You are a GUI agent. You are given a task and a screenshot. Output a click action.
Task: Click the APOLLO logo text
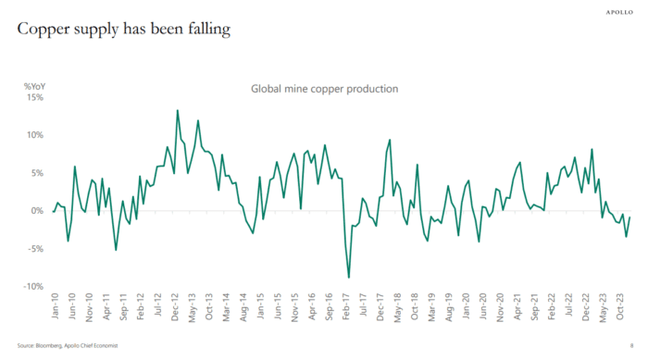[619, 12]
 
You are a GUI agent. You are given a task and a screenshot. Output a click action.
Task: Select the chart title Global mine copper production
[324, 89]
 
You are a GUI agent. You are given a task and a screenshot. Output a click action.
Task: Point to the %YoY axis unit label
[34, 86]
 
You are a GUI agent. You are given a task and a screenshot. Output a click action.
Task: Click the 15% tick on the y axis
[35, 97]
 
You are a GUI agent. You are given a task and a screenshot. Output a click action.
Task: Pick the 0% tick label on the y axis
[37, 211]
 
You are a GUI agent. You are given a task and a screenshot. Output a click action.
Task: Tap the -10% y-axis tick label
[33, 287]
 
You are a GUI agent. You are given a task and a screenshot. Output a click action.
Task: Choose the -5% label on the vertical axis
[35, 249]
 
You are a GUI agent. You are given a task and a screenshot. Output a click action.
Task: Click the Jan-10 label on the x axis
[55, 306]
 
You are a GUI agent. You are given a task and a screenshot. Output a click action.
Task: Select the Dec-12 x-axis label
[175, 307]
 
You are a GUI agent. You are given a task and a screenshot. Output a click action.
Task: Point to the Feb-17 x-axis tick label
[346, 306]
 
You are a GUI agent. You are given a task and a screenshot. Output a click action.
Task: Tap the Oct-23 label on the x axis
[620, 306]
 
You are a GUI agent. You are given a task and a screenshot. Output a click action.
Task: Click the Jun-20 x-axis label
[483, 306]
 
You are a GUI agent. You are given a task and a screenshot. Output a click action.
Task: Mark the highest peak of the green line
[178, 110]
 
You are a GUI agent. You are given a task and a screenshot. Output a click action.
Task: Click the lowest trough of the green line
[349, 278]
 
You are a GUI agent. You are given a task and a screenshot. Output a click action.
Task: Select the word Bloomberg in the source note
[49, 345]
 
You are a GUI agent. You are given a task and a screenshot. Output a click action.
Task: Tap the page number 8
[631, 345]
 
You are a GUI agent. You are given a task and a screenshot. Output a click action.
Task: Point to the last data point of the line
[629, 217]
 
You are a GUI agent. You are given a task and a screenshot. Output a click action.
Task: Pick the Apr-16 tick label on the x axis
[312, 306]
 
